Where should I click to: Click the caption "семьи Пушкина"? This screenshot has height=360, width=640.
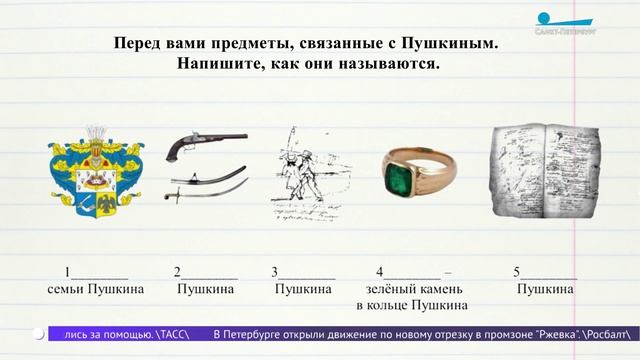point(96,289)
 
